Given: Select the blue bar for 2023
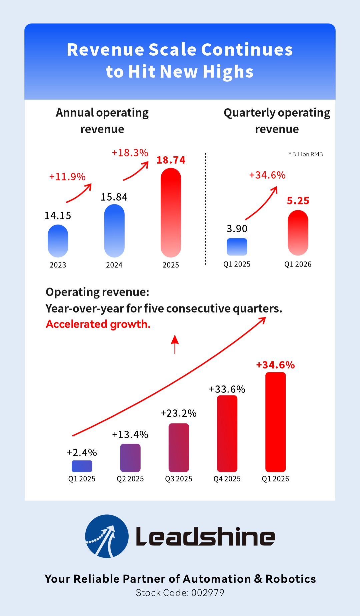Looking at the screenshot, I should (x=58, y=241).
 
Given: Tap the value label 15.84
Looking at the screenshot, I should (x=114, y=197).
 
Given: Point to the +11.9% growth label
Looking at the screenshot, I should (x=67, y=177).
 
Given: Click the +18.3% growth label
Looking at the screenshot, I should (x=130, y=153).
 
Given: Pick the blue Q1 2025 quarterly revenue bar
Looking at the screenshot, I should (x=237, y=247).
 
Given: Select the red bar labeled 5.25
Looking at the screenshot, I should (x=298, y=233).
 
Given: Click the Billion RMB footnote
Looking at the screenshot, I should (x=306, y=154).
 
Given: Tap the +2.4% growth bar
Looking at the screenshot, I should (x=82, y=466).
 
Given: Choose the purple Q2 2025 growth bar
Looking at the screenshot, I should (x=130, y=458).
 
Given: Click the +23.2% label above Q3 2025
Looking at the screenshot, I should (x=179, y=413).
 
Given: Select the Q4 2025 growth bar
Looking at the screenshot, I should (x=227, y=433).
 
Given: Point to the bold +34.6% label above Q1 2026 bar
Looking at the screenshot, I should (x=275, y=365).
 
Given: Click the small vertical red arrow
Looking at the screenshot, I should (x=175, y=344).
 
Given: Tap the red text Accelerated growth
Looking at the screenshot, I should (x=98, y=324).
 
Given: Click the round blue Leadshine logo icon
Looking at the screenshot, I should (x=107, y=536).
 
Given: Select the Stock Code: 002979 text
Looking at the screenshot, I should (x=180, y=593).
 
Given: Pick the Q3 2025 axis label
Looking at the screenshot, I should (x=179, y=479).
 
